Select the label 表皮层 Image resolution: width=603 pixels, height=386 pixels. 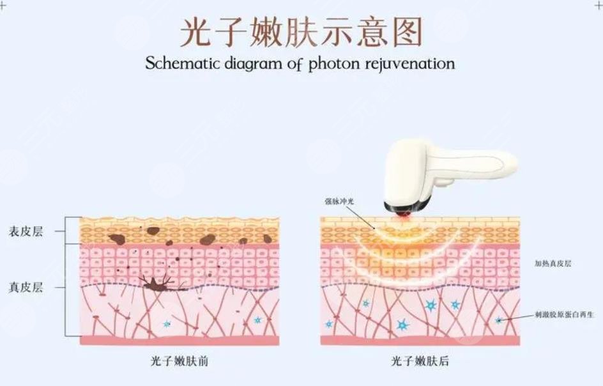click(x=26, y=232)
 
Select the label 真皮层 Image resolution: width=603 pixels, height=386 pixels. click(x=26, y=288)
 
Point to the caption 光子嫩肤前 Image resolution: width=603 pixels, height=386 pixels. click(x=178, y=362)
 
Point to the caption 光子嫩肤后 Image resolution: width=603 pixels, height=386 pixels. click(x=420, y=362)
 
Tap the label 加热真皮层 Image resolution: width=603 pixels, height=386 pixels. click(x=553, y=263)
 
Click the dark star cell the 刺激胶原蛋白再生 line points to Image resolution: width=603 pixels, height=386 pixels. click(x=499, y=320)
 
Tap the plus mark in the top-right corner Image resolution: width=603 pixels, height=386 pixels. click(x=598, y=5)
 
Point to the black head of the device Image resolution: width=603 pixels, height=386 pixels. click(x=402, y=208)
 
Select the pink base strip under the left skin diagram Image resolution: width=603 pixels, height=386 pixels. click(x=179, y=341)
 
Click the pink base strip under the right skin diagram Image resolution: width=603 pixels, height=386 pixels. click(x=420, y=341)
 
